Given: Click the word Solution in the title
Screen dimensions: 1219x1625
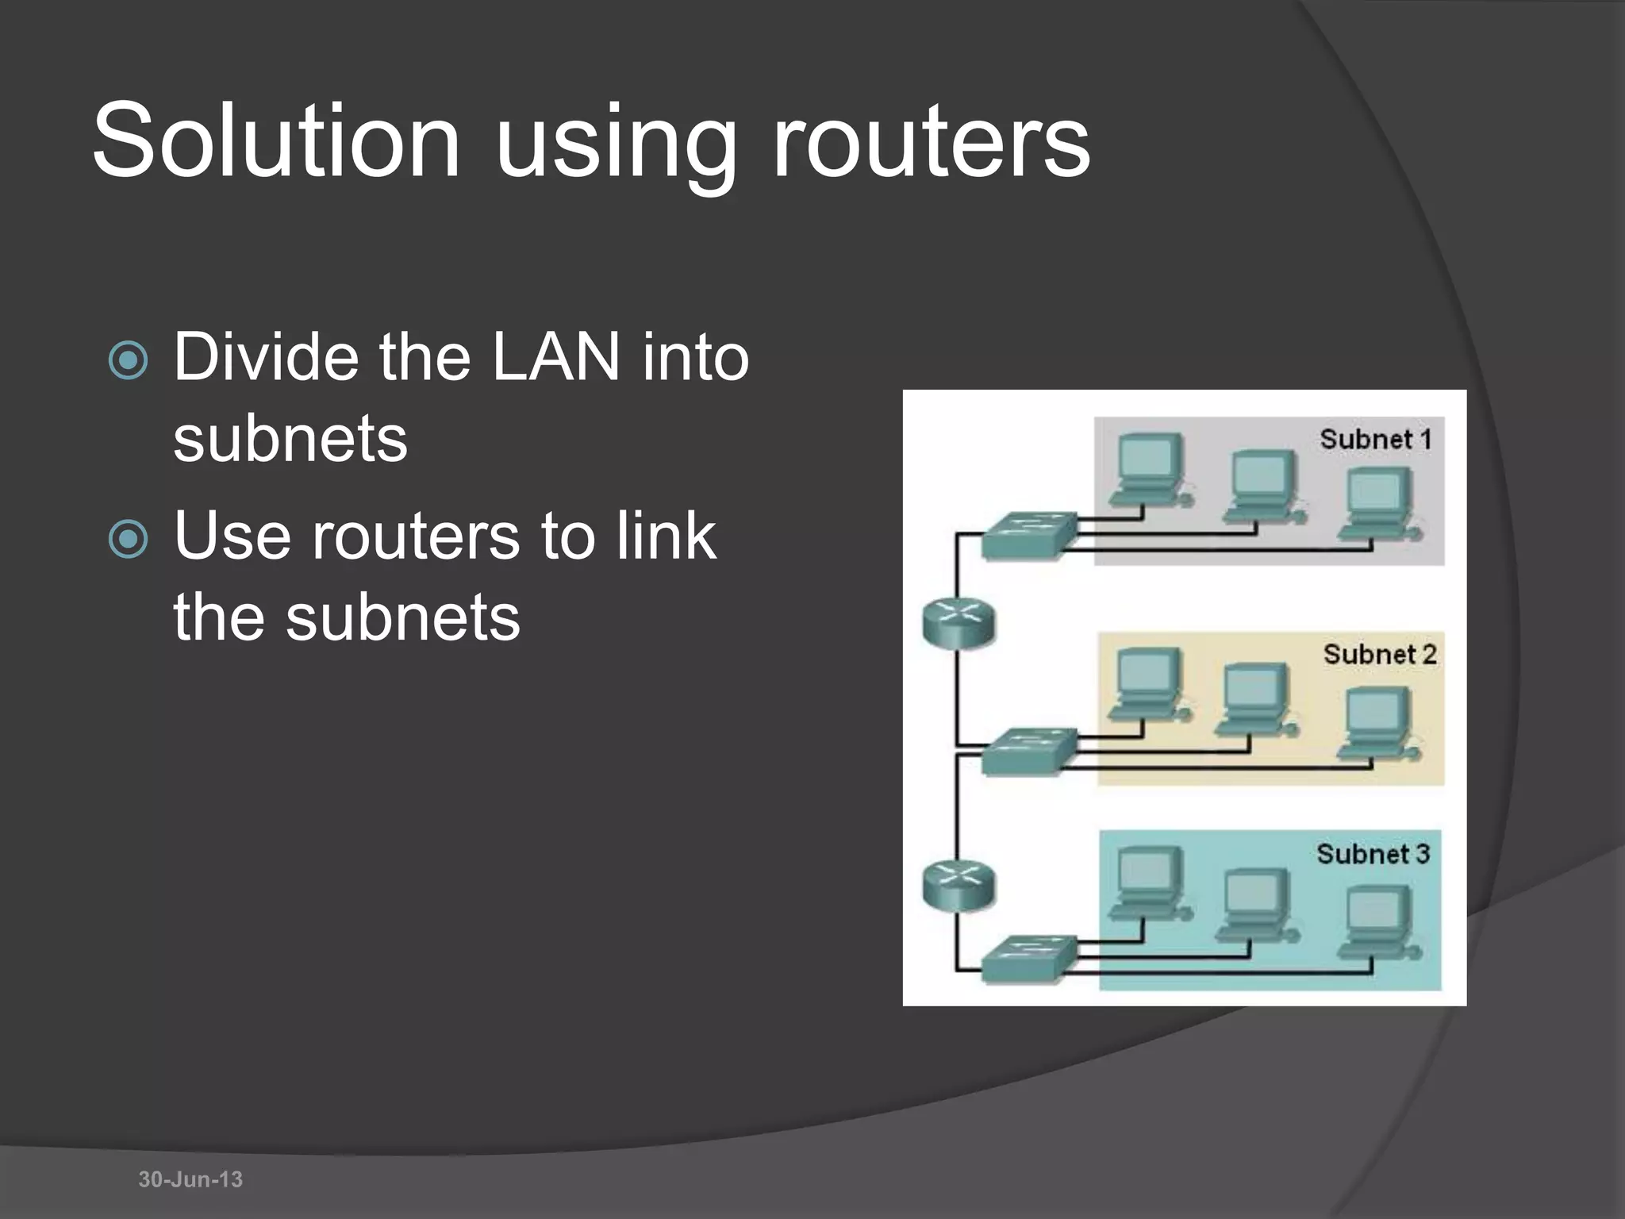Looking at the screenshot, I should tap(276, 141).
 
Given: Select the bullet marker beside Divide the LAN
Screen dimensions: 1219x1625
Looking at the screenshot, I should tap(128, 360).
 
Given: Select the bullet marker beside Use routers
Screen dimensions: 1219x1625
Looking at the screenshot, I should tap(128, 540).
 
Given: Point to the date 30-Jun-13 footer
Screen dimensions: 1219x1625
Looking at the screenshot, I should tap(190, 1179).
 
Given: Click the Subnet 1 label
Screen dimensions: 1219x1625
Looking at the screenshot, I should tap(1375, 440).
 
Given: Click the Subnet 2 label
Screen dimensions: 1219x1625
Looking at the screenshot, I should tap(1379, 655).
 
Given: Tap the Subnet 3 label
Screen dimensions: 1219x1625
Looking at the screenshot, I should tap(1373, 854).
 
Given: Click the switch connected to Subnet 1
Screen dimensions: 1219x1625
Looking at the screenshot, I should tap(1029, 536).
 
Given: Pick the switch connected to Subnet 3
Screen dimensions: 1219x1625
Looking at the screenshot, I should tap(1029, 959).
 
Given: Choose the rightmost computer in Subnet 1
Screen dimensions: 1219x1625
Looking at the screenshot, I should tap(1379, 505).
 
